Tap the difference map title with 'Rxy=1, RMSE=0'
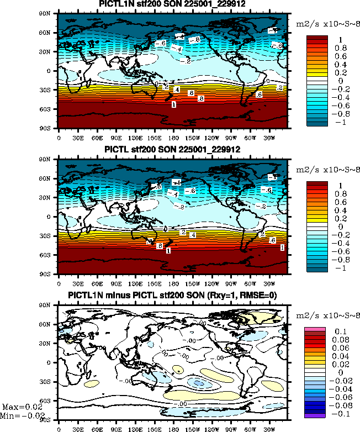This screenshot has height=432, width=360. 173,295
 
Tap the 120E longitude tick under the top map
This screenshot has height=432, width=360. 135,137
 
